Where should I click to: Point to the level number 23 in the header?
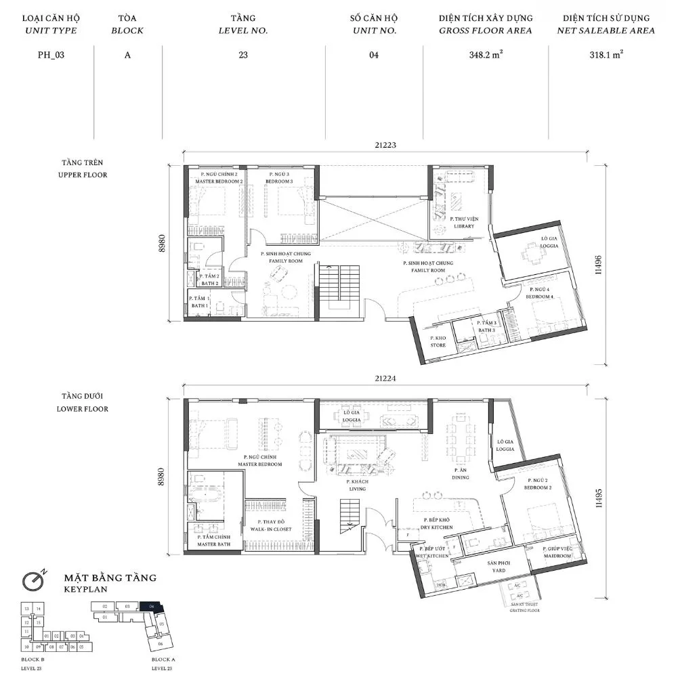243,56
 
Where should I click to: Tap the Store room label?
438,341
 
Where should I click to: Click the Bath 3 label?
486,327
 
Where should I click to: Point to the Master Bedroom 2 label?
219,178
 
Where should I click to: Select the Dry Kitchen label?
438,523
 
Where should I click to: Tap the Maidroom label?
557,552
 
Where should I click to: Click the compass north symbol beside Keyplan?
33,580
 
